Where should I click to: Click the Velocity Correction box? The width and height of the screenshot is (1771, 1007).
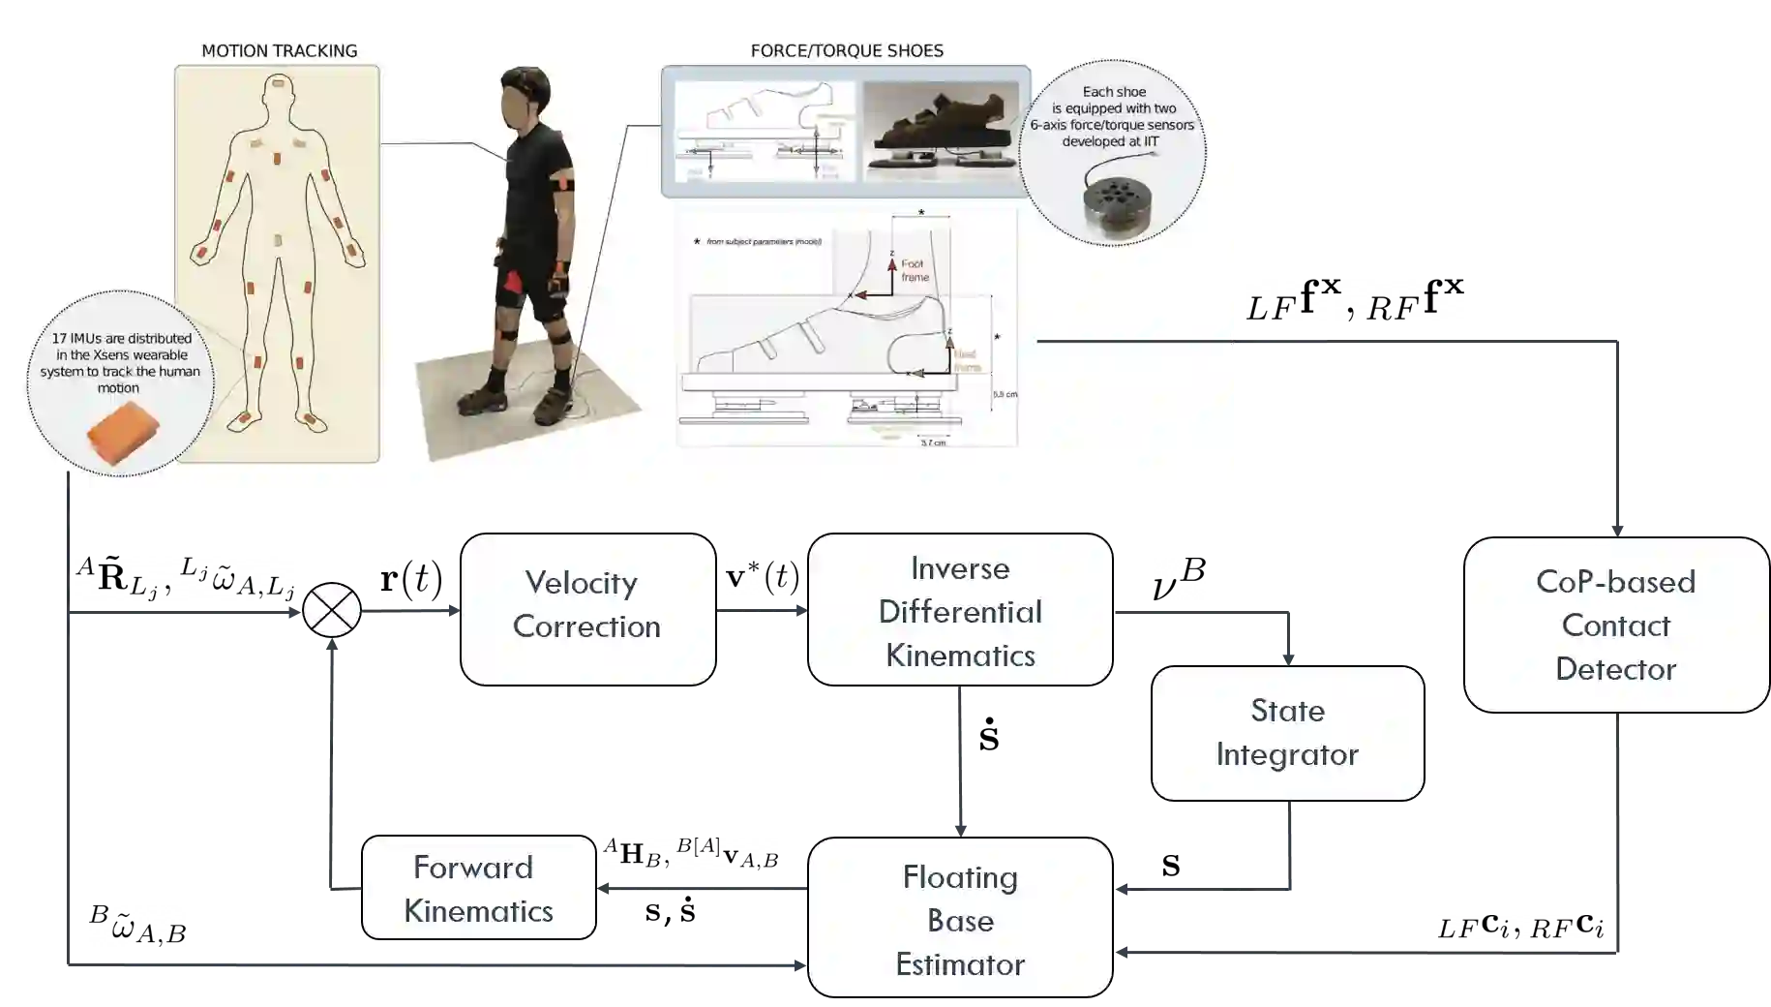[587, 609]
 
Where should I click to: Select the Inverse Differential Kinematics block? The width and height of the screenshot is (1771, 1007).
[960, 610]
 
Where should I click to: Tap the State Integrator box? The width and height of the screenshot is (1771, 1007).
[1287, 733]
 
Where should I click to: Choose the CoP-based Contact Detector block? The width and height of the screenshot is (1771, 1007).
[1615, 625]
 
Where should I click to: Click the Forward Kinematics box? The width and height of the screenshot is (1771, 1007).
[478, 888]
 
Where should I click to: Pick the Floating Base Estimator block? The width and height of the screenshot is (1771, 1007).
[960, 919]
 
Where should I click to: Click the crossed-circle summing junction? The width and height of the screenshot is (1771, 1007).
[332, 610]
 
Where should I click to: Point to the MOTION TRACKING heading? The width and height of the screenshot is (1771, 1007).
[279, 50]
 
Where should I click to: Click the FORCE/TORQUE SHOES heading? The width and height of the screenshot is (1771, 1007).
[847, 50]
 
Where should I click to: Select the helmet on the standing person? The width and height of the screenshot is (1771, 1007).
[525, 78]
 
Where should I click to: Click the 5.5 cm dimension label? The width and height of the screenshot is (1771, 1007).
[1005, 394]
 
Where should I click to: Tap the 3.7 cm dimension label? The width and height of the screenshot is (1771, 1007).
[933, 442]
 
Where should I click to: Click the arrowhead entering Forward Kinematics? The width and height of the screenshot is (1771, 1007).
[603, 886]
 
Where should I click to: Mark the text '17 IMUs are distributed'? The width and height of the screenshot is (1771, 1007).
[122, 338]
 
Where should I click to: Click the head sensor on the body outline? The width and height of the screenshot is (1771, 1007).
[280, 85]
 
